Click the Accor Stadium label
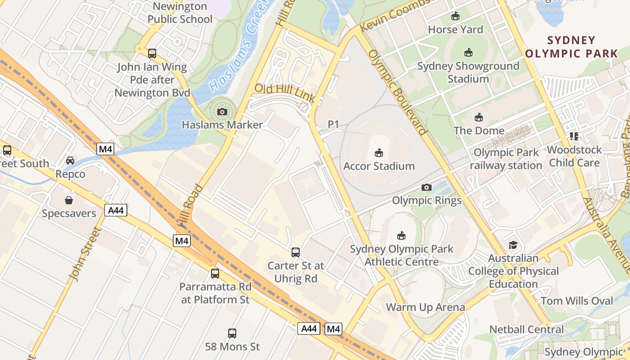pyautogui.click(x=379, y=166)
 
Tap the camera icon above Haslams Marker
pyautogui.click(x=222, y=112)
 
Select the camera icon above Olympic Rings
pyautogui.click(x=426, y=187)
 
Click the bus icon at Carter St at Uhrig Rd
pyautogui.click(x=296, y=252)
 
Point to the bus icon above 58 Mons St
pyautogui.click(x=232, y=333)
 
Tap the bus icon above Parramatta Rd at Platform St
pyautogui.click(x=215, y=273)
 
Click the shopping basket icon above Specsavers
pyautogui.click(x=69, y=200)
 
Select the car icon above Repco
pyautogui.click(x=70, y=161)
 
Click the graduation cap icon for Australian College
pyautogui.click(x=513, y=245)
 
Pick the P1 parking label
pyautogui.click(x=333, y=124)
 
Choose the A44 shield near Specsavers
pyautogui.click(x=116, y=210)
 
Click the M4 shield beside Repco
pyautogui.click(x=105, y=148)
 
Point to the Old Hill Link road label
pyautogui.click(x=285, y=93)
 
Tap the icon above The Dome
pyautogui.click(x=479, y=117)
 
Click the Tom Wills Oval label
pyautogui.click(x=576, y=301)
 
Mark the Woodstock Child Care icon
pyautogui.click(x=574, y=136)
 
